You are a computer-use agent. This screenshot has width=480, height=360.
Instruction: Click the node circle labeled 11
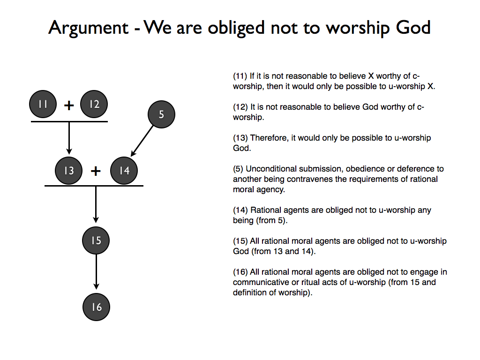coord(43,104)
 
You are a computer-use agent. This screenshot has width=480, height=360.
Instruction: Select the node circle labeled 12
coord(94,104)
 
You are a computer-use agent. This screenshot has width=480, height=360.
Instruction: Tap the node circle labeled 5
coord(161,114)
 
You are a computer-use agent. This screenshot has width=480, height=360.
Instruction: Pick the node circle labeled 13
coord(69,171)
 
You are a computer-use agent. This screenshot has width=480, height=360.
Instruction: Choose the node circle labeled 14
coord(124,171)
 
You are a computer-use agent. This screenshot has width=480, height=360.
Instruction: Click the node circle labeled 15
coord(96,240)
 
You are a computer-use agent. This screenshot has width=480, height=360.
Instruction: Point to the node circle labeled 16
coord(96,307)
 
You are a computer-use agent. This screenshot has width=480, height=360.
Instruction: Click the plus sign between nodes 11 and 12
coord(69,105)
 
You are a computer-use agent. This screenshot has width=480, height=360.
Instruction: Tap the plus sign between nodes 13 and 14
coord(96,171)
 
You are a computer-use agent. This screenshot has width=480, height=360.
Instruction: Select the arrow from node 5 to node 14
coord(142,141)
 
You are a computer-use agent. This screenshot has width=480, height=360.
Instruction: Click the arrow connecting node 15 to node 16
coord(96,272)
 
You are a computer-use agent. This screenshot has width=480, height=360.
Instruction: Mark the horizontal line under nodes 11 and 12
coord(69,121)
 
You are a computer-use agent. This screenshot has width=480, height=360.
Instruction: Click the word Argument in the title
coord(88,28)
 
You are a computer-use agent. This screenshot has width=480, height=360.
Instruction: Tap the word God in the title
coord(412,28)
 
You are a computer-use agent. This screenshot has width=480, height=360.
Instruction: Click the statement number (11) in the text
coord(240,76)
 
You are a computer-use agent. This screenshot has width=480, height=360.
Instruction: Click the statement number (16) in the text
coord(240,272)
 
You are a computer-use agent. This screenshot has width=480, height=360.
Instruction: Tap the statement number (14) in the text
coord(240,210)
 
